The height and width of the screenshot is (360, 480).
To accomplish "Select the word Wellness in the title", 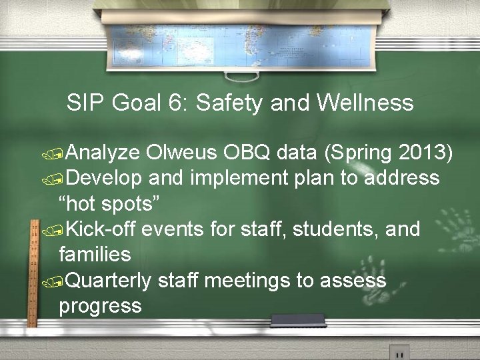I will (x=365, y=103).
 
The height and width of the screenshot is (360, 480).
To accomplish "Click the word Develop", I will (x=105, y=179).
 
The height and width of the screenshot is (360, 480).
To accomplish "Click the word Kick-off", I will (x=101, y=229).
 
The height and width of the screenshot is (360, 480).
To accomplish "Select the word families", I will (x=95, y=255).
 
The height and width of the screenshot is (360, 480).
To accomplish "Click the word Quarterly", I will (x=109, y=281).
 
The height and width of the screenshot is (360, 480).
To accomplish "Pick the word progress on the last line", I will (x=100, y=307).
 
